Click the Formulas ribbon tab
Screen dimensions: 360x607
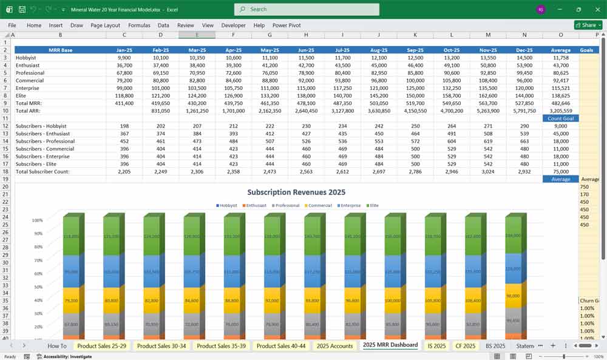(139, 25)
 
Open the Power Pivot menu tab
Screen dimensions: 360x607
(287, 25)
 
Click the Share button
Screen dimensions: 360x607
(585, 25)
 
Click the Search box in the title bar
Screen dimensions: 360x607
(307, 9)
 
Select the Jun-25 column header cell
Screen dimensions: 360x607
(306, 50)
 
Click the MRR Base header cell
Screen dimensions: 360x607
(60, 50)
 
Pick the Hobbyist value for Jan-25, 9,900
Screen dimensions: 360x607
(124, 58)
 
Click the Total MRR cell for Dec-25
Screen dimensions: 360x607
(524, 103)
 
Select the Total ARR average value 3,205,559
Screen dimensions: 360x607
(560, 111)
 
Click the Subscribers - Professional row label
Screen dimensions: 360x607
(46, 141)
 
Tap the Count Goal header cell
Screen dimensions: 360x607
(560, 118)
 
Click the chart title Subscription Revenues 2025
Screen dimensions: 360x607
(296, 192)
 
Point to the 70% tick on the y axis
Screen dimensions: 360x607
(37, 260)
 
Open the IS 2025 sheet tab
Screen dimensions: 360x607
(436, 345)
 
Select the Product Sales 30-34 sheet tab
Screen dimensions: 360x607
(161, 345)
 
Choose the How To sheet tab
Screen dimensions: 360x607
(57, 345)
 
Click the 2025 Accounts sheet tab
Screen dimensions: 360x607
(334, 345)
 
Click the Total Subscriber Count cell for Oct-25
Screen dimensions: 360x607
(452, 172)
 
